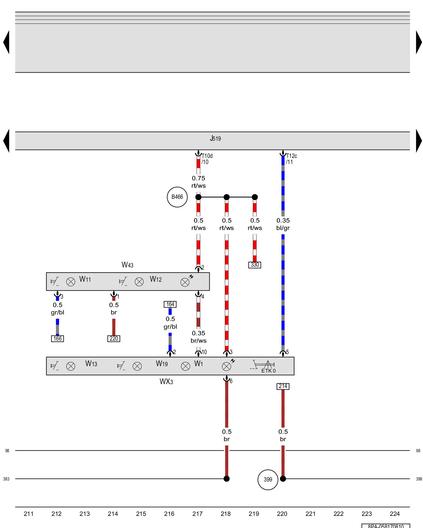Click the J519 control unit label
(215, 139)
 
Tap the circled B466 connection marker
(177, 197)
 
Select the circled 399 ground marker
(268, 479)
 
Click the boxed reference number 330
(255, 265)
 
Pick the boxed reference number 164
(170, 304)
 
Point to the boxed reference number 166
(57, 339)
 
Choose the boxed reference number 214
(283, 386)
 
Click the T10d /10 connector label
(207, 159)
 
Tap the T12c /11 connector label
(291, 159)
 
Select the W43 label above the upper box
(127, 265)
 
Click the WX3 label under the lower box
(166, 382)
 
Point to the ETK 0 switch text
(268, 371)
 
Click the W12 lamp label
(156, 279)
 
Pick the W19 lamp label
(162, 364)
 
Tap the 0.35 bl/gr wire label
(283, 224)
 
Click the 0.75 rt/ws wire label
(199, 182)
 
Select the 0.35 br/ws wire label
(199, 337)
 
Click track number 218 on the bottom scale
(226, 514)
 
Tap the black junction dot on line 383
(227, 479)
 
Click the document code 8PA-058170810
(386, 526)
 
